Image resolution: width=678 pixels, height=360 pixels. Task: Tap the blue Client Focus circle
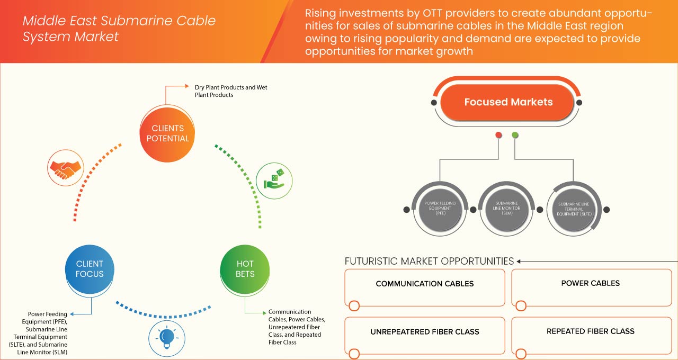(90, 269)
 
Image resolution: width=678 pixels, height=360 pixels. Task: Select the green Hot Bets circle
(245, 269)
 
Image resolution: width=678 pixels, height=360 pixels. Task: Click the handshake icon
(65, 167)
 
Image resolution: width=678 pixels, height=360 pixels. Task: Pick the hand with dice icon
(274, 179)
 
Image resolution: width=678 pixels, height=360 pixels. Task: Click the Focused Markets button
(508, 102)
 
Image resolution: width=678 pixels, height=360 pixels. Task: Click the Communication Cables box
(425, 287)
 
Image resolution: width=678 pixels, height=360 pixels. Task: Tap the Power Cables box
(591, 287)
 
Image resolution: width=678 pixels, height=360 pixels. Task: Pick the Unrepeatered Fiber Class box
(425, 335)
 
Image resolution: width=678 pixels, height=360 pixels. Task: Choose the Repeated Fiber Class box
(591, 335)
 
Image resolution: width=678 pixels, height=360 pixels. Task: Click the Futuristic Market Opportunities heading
(429, 261)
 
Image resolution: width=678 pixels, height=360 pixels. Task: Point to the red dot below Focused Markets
(498, 136)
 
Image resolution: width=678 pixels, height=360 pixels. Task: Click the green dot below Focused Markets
(515, 136)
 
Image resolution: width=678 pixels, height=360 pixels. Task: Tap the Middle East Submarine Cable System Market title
(119, 29)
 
